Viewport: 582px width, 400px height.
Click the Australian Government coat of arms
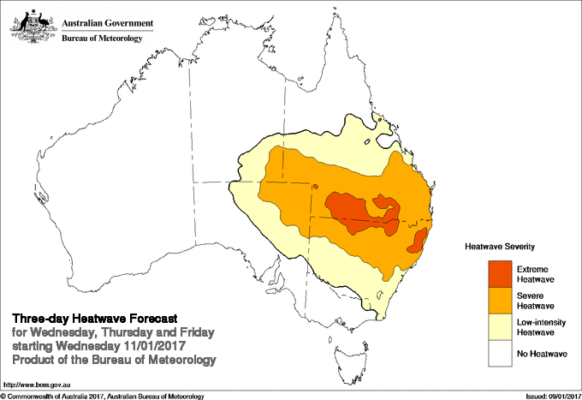point(33,23)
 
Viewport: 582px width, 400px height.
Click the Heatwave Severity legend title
point(501,246)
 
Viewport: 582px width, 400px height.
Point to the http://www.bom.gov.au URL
point(37,385)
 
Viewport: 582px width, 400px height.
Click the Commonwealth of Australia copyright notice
point(103,396)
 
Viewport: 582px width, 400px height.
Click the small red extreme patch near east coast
point(419,241)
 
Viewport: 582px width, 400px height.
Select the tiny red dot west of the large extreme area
point(315,187)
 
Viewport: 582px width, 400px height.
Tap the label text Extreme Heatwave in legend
point(533,274)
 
